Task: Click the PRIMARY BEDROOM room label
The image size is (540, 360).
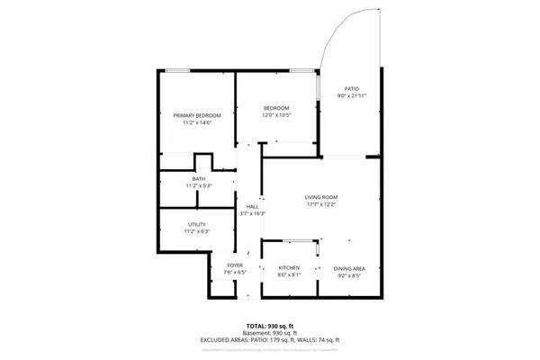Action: point(197,115)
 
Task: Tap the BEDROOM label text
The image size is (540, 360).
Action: point(275,108)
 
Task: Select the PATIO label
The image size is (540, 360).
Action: point(352,88)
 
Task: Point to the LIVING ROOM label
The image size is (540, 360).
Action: point(320,197)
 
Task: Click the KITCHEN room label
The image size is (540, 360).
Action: point(289,268)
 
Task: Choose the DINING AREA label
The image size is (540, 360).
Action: point(349,268)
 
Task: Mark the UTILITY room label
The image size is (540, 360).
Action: point(197,224)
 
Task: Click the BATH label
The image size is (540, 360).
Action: point(198,179)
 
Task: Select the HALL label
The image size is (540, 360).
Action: point(253,206)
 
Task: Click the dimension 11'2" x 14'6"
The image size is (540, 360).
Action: point(197,123)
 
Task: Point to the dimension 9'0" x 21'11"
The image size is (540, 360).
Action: point(352,96)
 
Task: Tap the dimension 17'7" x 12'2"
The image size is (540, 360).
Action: point(320,205)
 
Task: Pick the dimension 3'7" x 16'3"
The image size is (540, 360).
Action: point(253,214)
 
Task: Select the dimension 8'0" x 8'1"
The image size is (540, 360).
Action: point(289,276)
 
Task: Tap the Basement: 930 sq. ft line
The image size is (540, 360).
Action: point(270,332)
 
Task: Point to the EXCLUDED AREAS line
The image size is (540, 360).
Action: point(270,339)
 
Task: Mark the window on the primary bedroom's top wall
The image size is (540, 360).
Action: point(178,70)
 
